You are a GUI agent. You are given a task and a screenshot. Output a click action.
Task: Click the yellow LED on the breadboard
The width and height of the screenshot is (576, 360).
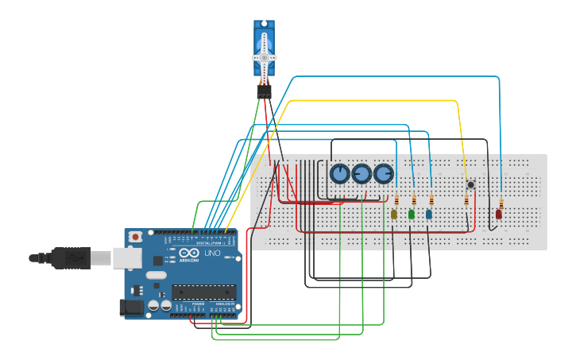394,214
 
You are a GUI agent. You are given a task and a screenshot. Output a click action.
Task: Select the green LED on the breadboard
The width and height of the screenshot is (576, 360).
412,214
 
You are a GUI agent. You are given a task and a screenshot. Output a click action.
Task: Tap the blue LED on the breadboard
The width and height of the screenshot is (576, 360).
429,214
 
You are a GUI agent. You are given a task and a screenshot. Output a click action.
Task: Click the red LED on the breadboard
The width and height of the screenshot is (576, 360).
499,214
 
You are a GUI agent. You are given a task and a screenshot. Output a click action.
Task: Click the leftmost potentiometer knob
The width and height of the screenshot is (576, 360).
339,173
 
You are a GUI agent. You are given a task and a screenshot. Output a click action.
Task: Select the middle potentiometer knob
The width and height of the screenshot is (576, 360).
361,173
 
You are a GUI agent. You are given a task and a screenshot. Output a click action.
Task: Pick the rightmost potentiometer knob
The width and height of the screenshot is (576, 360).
384,173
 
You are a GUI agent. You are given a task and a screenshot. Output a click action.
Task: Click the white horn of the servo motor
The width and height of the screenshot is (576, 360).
265,58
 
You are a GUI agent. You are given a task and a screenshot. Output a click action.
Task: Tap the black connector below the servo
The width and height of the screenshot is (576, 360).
264,92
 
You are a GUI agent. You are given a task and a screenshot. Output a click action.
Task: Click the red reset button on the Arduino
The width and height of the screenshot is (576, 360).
137,237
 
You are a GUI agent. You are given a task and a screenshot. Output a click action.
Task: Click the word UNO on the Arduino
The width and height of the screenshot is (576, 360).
213,254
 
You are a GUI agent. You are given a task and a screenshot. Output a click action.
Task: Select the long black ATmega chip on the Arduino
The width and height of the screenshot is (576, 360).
205,292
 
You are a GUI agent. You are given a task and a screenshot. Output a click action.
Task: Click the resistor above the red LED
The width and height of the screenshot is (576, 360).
501,201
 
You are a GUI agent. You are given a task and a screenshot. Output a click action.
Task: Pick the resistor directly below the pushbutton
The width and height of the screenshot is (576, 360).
466,201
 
